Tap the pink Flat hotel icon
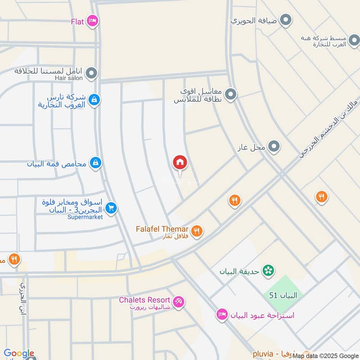92,21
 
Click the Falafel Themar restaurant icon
196,231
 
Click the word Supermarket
85,217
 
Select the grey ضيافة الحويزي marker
285,20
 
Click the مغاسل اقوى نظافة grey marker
231,94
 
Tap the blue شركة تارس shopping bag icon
94,99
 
